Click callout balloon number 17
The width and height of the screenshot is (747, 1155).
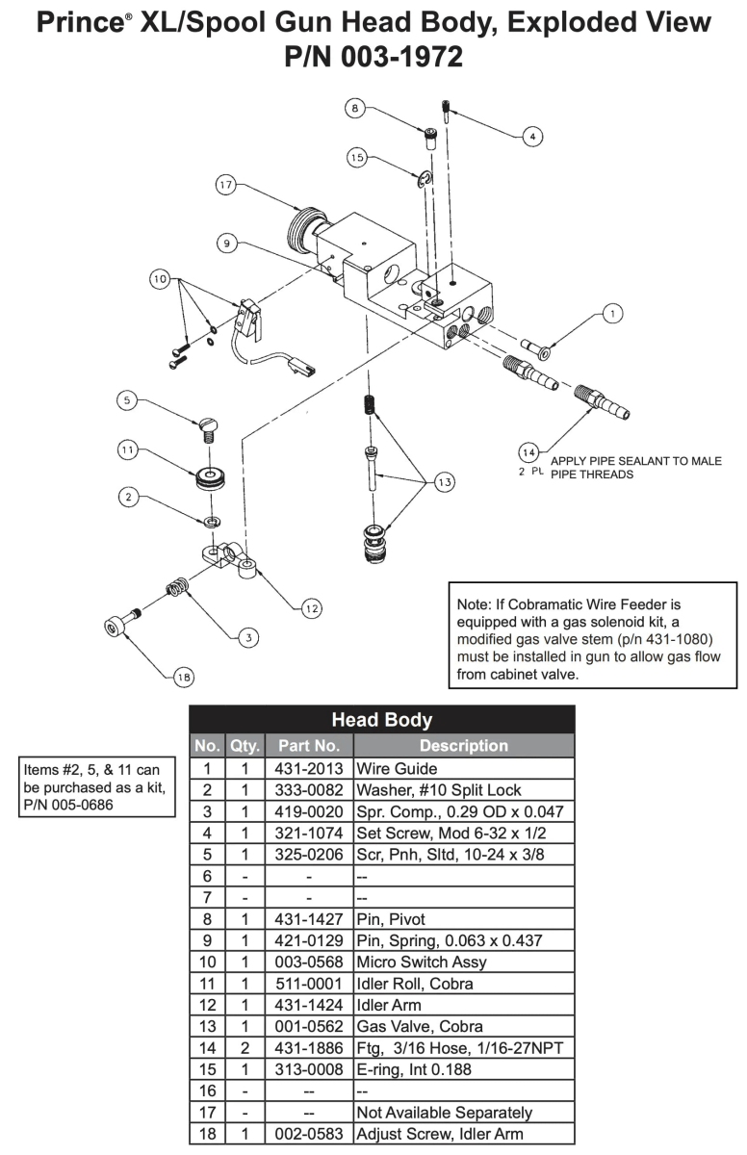pyautogui.click(x=227, y=187)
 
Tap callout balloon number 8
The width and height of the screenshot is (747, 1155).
pyautogui.click(x=355, y=110)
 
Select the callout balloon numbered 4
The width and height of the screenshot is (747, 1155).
pyautogui.click(x=531, y=137)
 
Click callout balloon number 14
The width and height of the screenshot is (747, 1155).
pyautogui.click(x=528, y=451)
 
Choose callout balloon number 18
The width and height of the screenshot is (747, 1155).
pyautogui.click(x=183, y=678)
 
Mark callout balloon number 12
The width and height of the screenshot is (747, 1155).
pyautogui.click(x=311, y=607)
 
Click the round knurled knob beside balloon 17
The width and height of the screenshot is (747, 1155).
pyautogui.click(x=303, y=232)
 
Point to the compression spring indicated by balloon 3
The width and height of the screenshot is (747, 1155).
pyautogui.click(x=177, y=584)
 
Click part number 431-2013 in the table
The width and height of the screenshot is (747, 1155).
pyautogui.click(x=308, y=770)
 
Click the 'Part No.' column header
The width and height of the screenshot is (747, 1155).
pyautogui.click(x=308, y=745)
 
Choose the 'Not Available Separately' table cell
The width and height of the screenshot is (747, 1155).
pyautogui.click(x=444, y=1113)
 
